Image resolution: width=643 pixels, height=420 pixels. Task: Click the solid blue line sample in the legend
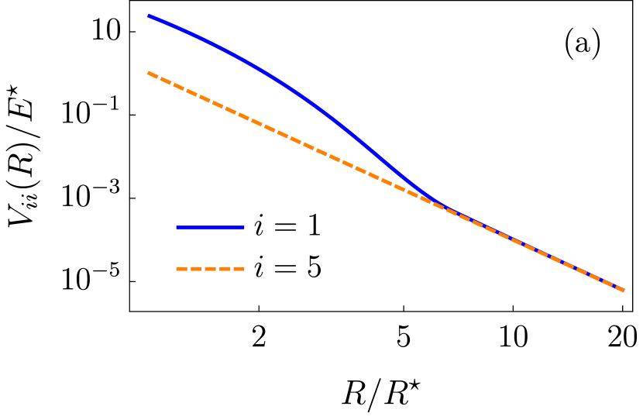(x=210, y=227)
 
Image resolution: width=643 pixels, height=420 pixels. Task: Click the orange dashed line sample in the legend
(x=210, y=269)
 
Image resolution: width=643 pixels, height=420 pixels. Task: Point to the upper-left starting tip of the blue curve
(x=149, y=15)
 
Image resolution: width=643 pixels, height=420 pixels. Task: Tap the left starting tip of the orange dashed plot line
(x=148, y=73)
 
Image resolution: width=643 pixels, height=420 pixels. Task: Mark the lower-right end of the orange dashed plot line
(x=624, y=291)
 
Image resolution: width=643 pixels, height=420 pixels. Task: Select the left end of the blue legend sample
(x=177, y=227)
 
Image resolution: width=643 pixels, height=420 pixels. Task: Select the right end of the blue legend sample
(x=243, y=227)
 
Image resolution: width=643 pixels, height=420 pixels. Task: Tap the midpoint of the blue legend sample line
(x=210, y=227)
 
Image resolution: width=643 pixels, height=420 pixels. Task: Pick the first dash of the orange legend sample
(x=182, y=269)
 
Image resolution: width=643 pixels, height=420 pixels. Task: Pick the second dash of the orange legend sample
(x=196, y=269)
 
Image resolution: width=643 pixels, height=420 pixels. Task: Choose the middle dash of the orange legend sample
(x=210, y=269)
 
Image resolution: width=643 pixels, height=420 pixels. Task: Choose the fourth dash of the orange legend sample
(x=225, y=269)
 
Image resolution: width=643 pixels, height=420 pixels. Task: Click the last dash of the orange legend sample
(x=239, y=269)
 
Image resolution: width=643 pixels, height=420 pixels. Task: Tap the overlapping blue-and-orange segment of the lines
(x=535, y=250)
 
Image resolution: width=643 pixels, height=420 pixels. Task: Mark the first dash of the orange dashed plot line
(x=153, y=75)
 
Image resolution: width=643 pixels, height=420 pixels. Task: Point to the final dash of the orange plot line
(x=619, y=288)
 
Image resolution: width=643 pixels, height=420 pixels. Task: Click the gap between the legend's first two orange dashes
(x=189, y=269)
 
